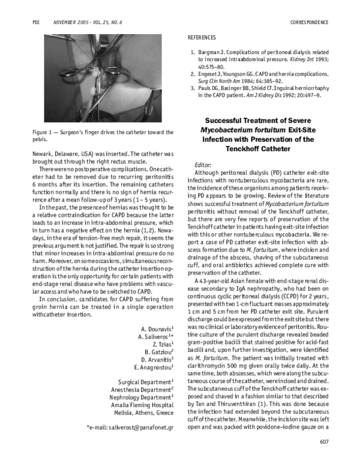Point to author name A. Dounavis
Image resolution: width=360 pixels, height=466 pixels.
tap(157, 330)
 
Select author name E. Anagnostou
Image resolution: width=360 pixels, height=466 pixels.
tap(154, 366)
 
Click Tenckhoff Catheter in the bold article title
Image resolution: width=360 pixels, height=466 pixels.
tap(259, 148)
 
